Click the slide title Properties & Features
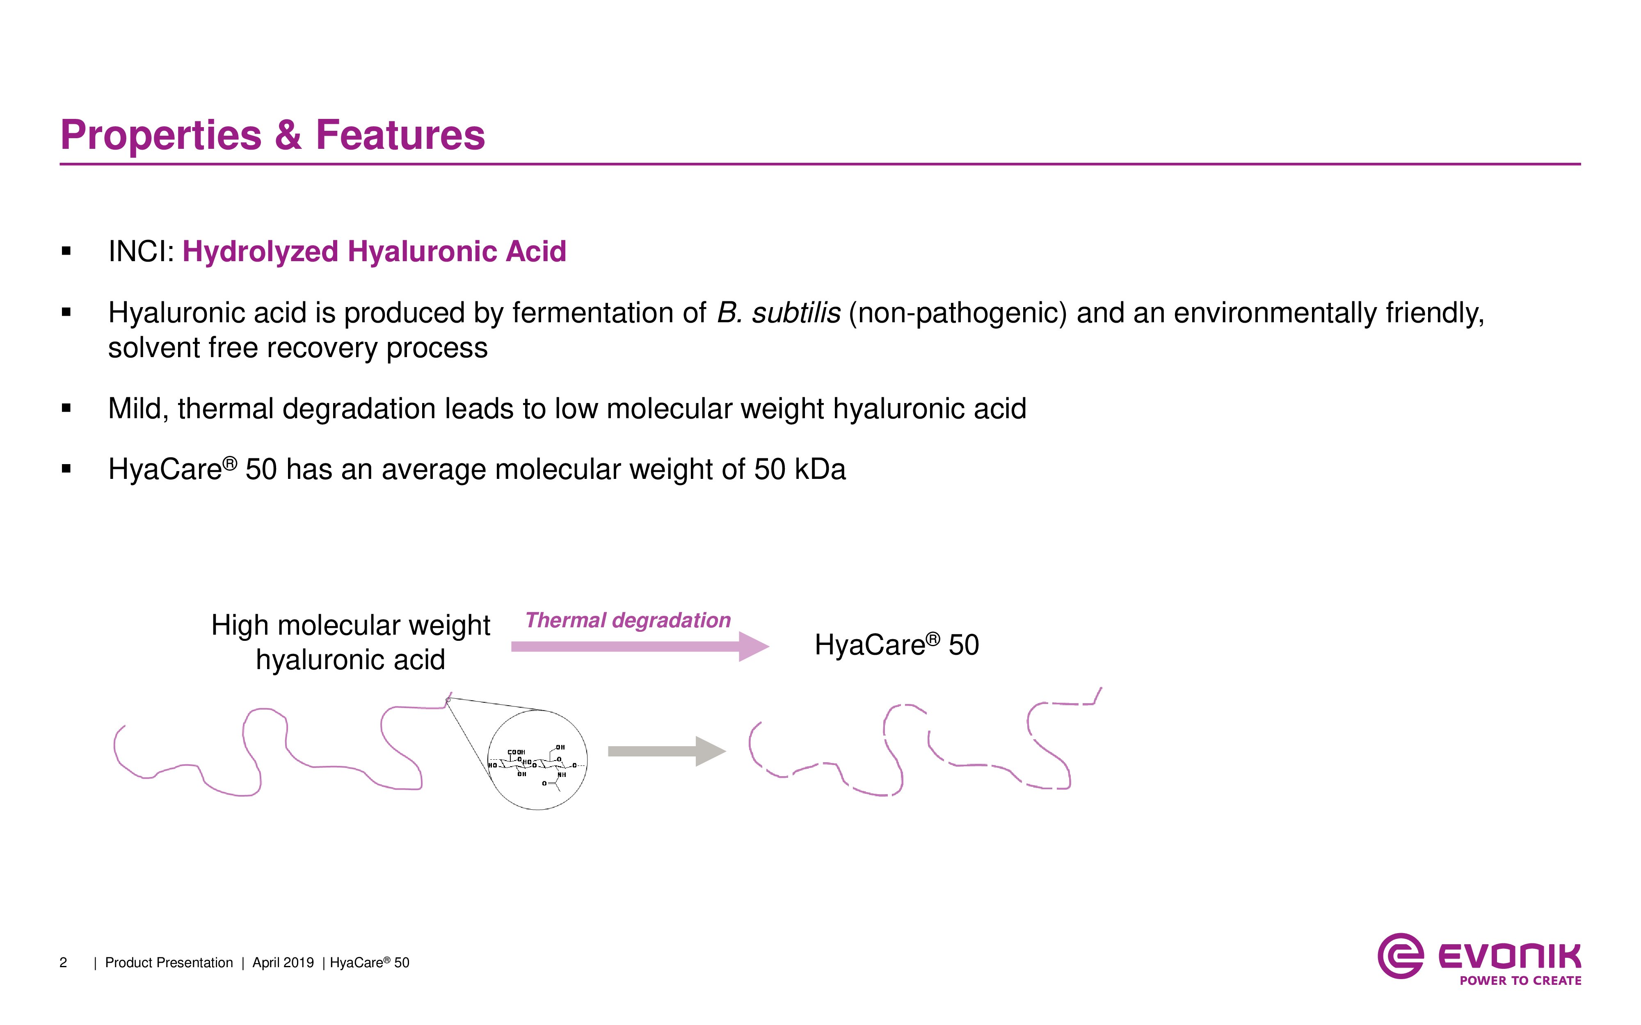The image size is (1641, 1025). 272,135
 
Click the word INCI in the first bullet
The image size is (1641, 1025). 138,251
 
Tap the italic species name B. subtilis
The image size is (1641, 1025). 779,312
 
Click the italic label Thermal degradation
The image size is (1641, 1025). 628,620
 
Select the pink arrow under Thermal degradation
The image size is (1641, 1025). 640,647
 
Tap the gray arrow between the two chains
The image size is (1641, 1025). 667,751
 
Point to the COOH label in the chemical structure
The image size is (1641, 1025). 516,752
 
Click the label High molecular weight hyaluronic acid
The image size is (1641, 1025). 351,642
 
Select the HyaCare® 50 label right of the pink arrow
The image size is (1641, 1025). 896,645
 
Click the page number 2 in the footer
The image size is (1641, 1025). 63,963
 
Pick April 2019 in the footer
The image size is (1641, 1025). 283,963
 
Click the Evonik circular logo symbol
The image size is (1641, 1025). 1400,956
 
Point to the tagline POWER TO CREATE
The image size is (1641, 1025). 1520,981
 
